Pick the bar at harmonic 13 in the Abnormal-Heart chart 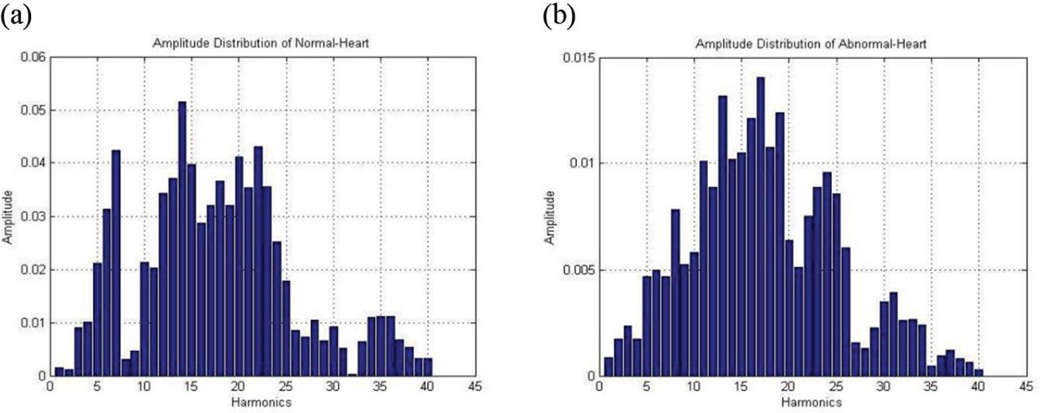722,236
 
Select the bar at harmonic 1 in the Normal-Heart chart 59,371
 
